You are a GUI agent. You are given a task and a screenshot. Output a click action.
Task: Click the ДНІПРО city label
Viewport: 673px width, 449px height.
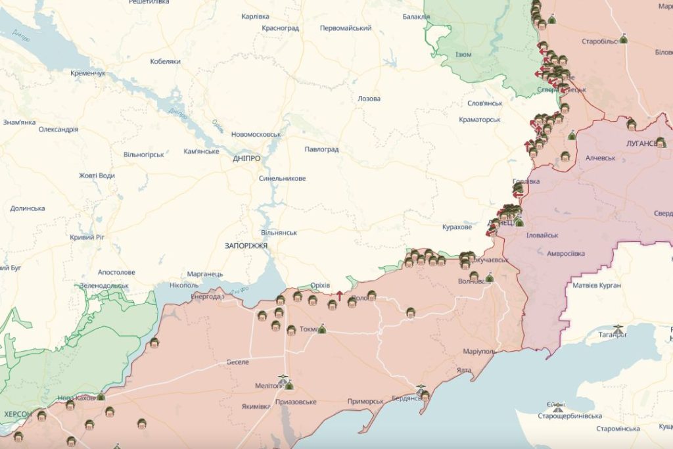point(246,158)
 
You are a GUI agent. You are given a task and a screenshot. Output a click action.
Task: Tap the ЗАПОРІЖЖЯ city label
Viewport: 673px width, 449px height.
point(246,245)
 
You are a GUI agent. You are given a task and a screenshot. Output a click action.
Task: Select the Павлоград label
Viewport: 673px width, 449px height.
point(321,149)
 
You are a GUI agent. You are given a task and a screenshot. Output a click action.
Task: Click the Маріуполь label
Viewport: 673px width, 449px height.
point(478,351)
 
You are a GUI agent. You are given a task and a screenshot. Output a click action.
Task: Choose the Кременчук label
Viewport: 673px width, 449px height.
point(87,73)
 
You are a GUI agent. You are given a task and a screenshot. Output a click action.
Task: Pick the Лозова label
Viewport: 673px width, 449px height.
point(369,99)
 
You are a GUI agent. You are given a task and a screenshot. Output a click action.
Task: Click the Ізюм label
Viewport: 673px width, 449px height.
point(463,55)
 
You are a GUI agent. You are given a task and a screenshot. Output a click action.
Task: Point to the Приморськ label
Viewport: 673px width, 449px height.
point(365,401)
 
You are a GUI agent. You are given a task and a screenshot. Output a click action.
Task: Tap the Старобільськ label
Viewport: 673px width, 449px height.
point(599,41)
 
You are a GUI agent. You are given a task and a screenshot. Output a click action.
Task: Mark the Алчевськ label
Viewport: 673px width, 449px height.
point(600,158)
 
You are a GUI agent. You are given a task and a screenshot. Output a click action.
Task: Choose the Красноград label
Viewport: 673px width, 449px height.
point(280,28)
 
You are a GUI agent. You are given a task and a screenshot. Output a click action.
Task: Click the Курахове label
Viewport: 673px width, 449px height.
point(457,227)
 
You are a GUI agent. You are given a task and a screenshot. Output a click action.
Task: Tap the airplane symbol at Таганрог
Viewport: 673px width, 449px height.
point(617,327)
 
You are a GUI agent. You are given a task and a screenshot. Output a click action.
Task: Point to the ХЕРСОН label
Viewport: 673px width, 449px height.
point(18,414)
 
